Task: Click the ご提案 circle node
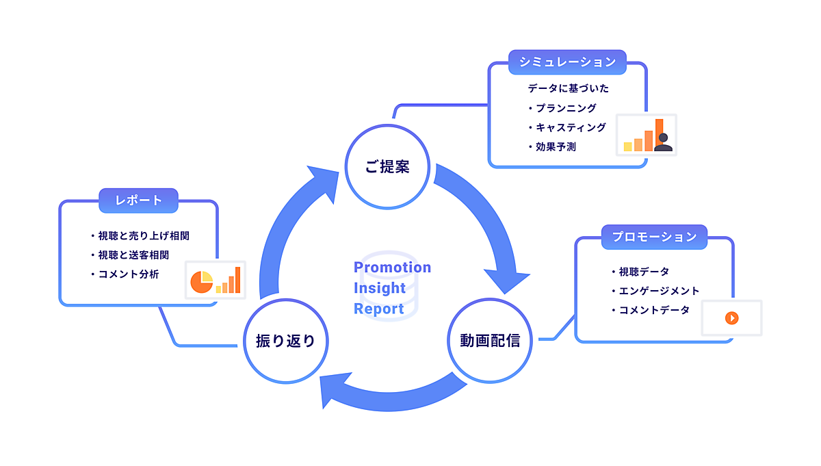[387, 166]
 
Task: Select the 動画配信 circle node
[490, 340]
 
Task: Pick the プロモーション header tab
[654, 237]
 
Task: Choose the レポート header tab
[139, 200]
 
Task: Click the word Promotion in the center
[392, 267]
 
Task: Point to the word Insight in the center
[380, 288]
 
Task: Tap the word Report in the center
[379, 309]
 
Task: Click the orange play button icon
[731, 318]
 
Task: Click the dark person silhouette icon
[662, 142]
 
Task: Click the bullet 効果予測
[556, 146]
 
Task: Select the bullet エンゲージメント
[659, 291]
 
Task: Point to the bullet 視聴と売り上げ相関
[143, 235]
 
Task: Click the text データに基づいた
[568, 88]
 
